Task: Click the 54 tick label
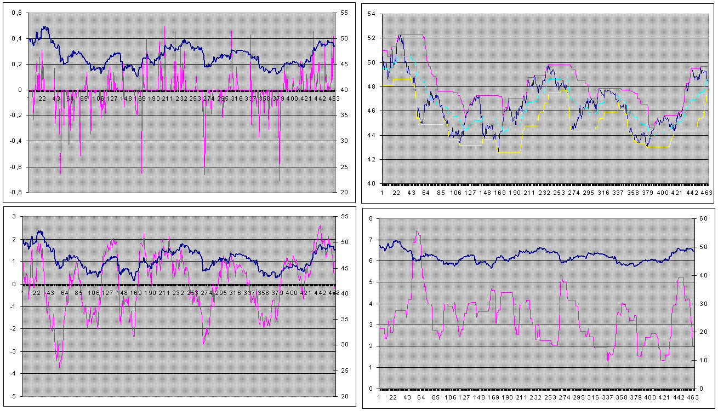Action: (x=371, y=14)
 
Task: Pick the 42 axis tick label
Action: (x=371, y=159)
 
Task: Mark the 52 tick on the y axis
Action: (x=371, y=38)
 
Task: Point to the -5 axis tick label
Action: (x=13, y=395)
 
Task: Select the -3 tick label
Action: (x=13, y=351)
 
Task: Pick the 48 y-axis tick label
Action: (x=371, y=86)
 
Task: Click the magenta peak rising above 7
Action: (x=417, y=231)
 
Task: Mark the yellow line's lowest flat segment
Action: (x=510, y=152)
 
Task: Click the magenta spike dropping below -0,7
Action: (x=279, y=180)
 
